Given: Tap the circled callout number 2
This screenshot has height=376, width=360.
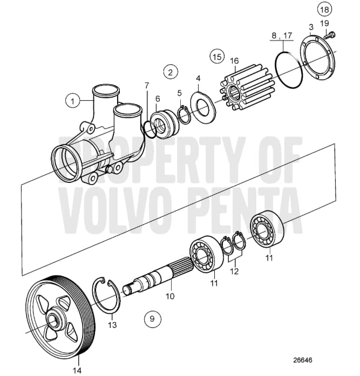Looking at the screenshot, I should click(170, 71).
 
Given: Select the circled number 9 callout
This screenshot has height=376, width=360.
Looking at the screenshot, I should click(152, 319).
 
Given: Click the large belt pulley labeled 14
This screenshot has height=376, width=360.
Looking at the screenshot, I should click(60, 318).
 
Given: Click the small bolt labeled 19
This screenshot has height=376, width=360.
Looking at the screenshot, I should click(332, 36).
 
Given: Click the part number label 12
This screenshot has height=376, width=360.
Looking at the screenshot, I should click(233, 272).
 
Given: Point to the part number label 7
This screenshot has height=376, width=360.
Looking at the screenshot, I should click(147, 85).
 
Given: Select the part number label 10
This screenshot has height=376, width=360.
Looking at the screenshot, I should click(171, 296).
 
